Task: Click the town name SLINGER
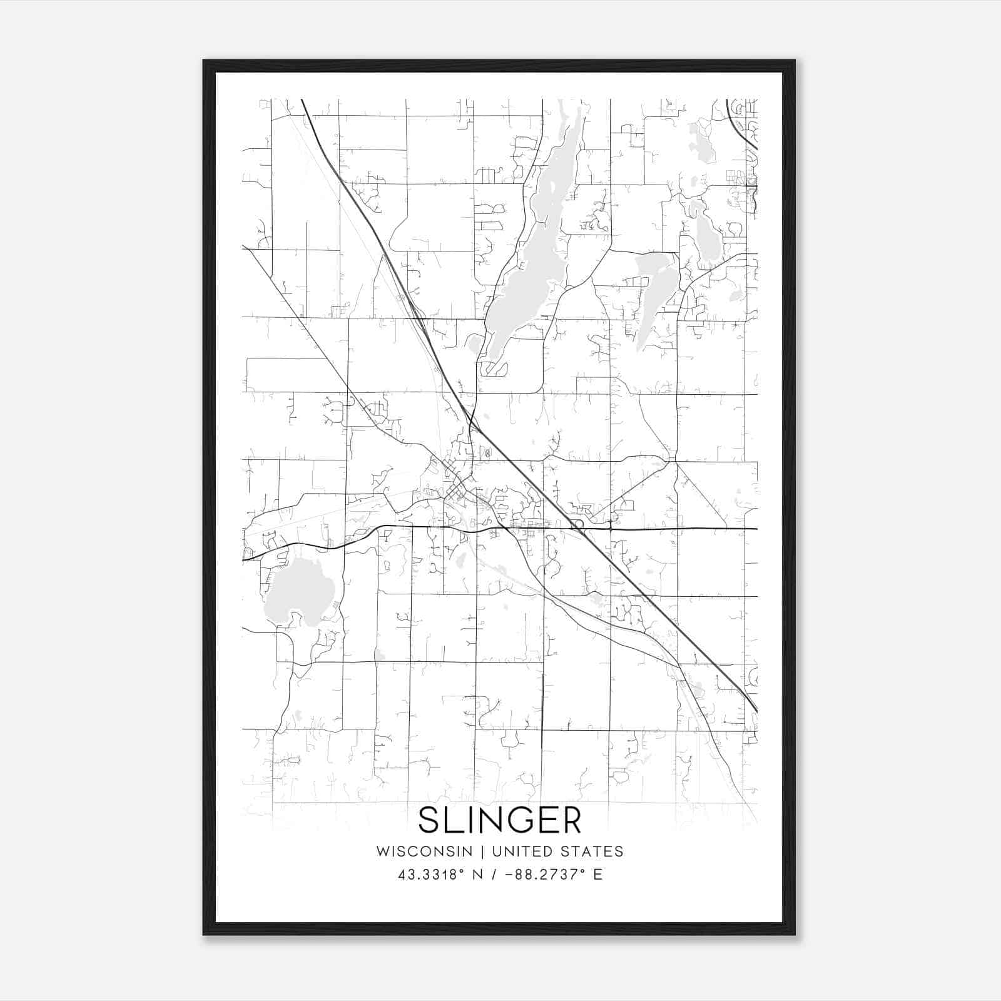pyautogui.click(x=499, y=820)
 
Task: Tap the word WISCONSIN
pyautogui.click(x=424, y=851)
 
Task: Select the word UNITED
pyautogui.click(x=522, y=851)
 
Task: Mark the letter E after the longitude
pyautogui.click(x=598, y=875)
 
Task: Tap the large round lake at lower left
pyautogui.click(x=298, y=591)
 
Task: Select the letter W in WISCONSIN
pyautogui.click(x=382, y=851)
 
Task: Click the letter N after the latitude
pyautogui.click(x=477, y=875)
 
